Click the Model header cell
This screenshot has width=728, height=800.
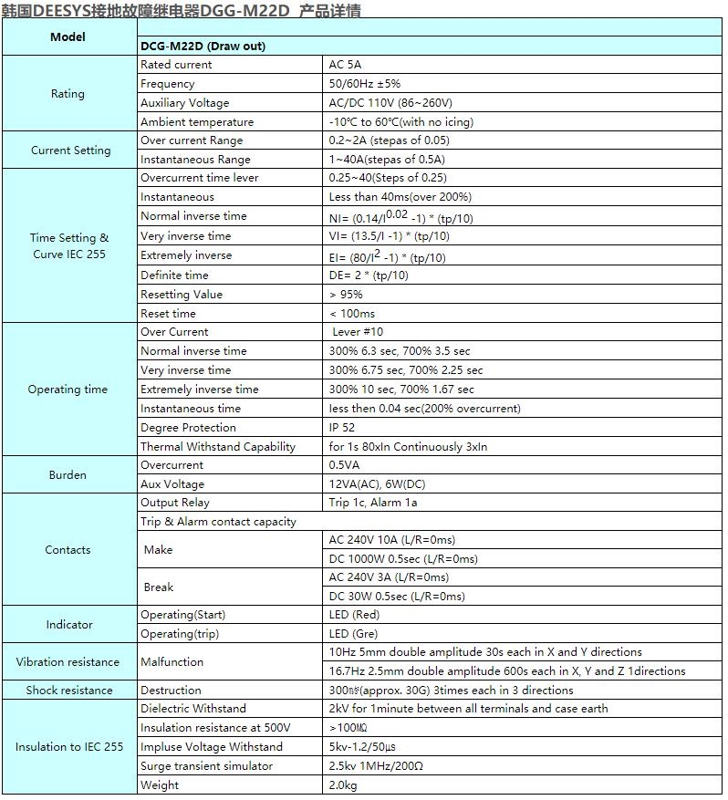(x=68, y=37)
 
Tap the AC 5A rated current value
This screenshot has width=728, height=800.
(x=345, y=65)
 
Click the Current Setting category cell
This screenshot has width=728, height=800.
(x=70, y=151)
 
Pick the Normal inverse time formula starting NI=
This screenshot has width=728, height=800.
(x=400, y=217)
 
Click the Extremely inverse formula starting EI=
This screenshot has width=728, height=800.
(x=387, y=256)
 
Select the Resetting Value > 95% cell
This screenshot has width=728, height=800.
(x=346, y=295)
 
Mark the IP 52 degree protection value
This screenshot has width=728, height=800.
(x=342, y=428)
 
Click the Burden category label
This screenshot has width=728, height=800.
(x=68, y=475)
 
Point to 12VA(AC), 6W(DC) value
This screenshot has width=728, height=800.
(x=373, y=484)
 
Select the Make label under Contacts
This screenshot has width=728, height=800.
(x=158, y=550)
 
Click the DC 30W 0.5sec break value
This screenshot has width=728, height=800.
(x=397, y=597)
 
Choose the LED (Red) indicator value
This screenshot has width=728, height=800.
(x=354, y=615)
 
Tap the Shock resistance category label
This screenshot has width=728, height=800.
(x=68, y=691)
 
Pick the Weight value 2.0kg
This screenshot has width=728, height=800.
(x=343, y=785)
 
